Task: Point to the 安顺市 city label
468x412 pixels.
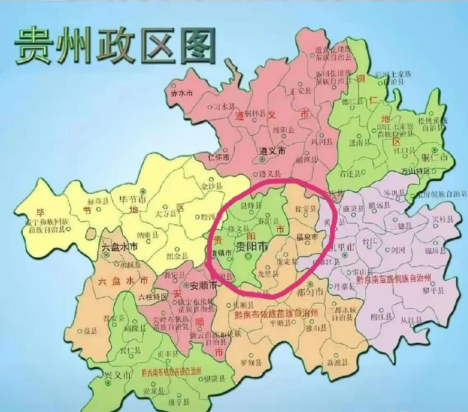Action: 203,286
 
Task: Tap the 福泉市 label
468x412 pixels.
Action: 307,237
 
